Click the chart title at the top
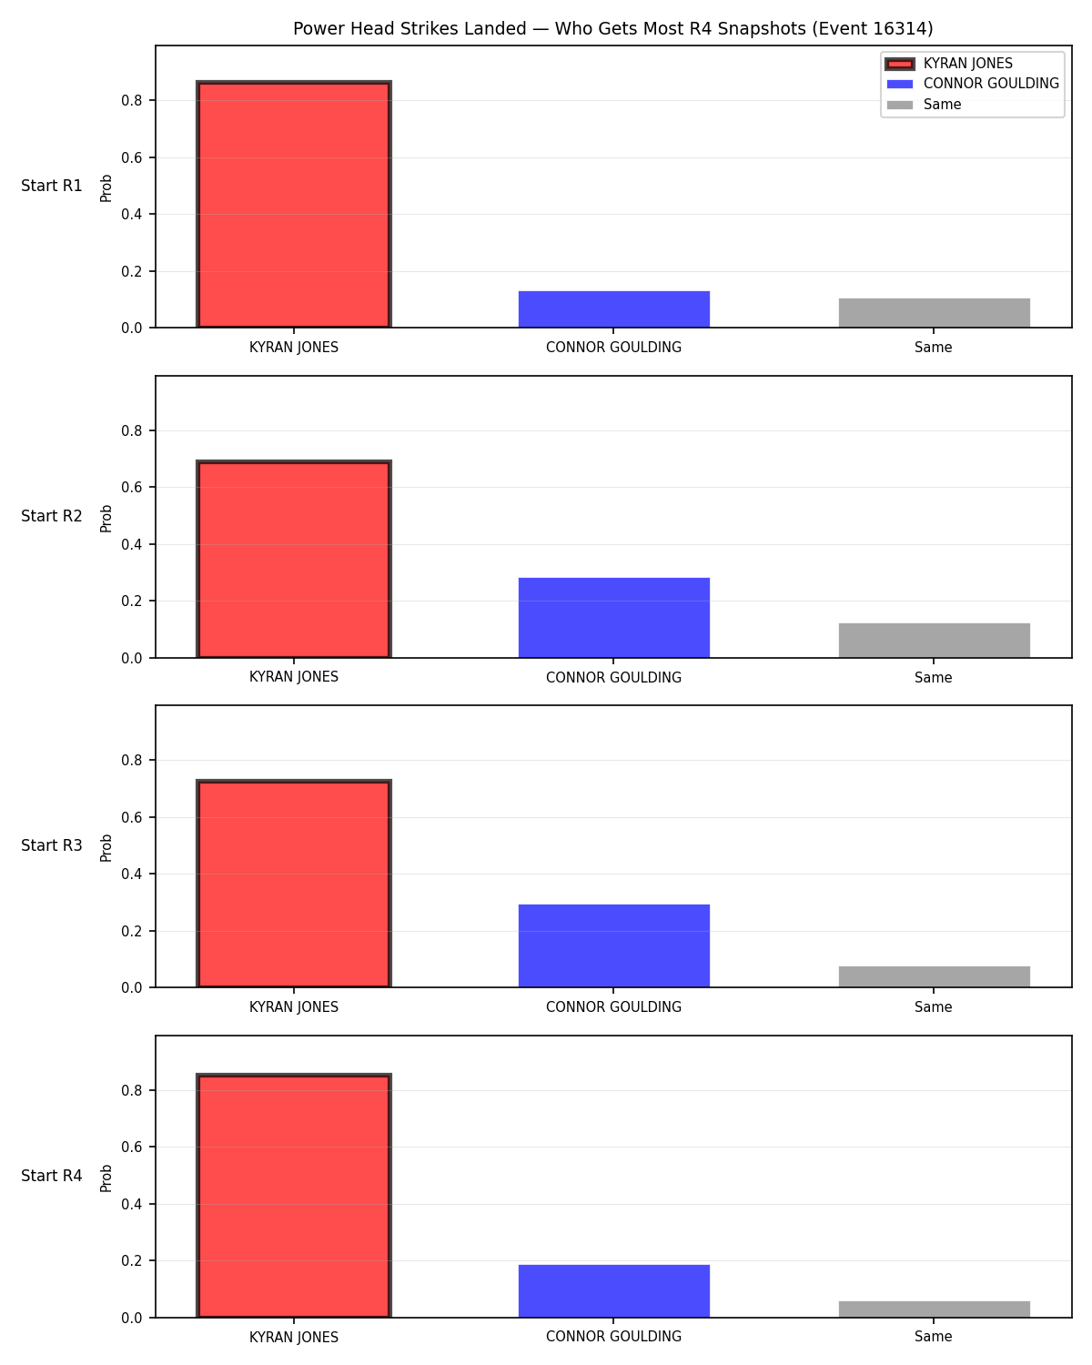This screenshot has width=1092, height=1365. coord(613,28)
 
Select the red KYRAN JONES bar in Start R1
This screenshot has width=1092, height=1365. coord(294,204)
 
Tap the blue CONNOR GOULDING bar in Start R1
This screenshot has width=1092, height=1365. coord(613,309)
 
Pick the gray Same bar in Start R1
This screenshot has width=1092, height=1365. coord(934,313)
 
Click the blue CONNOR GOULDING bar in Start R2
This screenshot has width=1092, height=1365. coord(613,618)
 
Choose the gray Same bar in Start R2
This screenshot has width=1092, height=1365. coord(934,641)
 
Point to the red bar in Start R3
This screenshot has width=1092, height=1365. coord(294,884)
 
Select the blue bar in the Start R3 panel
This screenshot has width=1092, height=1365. coord(613,945)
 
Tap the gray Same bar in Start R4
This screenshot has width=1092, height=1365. coord(934,1309)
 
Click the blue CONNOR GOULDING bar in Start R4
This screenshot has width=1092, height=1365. coord(613,1291)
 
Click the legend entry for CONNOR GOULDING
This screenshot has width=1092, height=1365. coord(973,84)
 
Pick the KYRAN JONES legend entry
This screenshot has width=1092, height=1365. coord(949,64)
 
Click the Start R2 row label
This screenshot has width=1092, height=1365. coord(51,516)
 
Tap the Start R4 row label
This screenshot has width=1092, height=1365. coord(51,1176)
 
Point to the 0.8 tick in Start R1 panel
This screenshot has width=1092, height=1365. coord(131,100)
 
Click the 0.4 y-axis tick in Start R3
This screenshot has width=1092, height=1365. coord(131,875)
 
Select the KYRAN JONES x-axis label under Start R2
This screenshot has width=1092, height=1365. coord(294,677)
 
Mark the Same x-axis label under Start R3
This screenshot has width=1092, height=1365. coord(934,1006)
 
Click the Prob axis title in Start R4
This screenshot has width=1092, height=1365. coord(106,1178)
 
